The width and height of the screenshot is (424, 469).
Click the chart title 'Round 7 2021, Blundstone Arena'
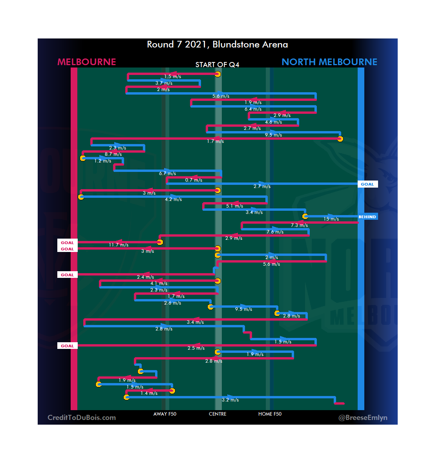click(217, 45)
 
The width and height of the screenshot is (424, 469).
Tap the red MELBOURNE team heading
click(87, 62)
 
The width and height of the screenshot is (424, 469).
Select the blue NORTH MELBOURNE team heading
click(329, 62)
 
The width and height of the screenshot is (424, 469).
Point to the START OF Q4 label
click(217, 65)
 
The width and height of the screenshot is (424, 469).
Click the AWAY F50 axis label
click(165, 414)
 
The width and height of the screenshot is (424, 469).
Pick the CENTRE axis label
click(217, 414)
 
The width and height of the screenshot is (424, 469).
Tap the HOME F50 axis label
click(270, 414)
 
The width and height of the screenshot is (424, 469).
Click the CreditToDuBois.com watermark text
click(82, 418)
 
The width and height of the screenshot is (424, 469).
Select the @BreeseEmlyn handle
click(363, 418)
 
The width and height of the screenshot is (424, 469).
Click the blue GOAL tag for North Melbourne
click(367, 184)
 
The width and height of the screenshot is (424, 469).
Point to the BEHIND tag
click(367, 217)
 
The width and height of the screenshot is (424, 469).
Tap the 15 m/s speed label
click(331, 219)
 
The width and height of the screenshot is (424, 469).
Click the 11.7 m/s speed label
click(119, 245)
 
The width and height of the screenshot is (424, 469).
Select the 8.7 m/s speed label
click(113, 154)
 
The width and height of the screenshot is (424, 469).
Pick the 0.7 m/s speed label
click(194, 180)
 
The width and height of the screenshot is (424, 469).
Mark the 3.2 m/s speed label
click(230, 400)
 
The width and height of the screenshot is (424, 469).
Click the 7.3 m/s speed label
click(299, 225)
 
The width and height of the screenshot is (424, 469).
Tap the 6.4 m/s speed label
click(253, 109)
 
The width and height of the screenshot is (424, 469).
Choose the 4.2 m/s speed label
click(173, 199)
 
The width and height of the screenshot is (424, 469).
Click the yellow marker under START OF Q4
click(217, 74)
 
